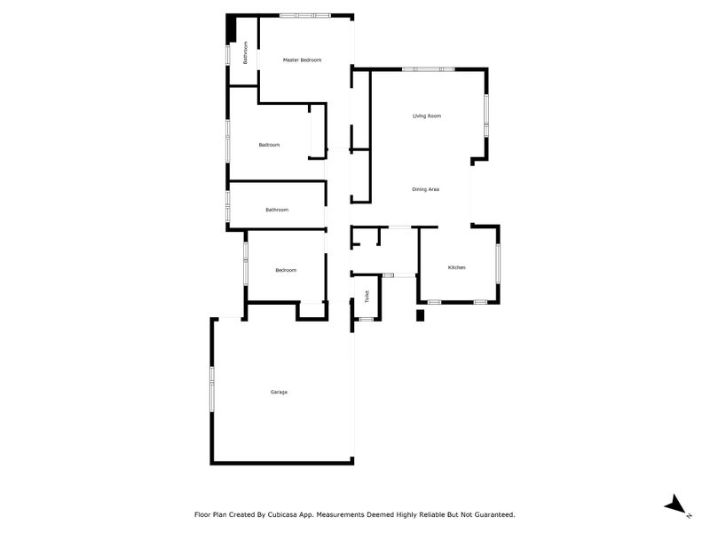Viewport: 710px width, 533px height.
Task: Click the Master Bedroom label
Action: click(302, 60)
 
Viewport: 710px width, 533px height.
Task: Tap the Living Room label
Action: click(427, 116)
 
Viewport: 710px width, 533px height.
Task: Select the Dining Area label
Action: click(426, 189)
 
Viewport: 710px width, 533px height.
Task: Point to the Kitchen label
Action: click(457, 267)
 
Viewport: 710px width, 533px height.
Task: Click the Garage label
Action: click(279, 392)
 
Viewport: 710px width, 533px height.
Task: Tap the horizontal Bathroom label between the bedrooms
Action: click(277, 210)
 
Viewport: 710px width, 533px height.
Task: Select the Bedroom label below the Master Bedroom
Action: click(270, 145)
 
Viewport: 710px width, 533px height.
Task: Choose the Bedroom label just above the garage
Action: click(286, 270)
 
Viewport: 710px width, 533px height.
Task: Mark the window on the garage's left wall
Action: click(211, 388)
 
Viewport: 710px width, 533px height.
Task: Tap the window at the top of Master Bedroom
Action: click(305, 15)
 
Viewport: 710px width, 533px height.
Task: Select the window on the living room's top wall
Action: click(430, 69)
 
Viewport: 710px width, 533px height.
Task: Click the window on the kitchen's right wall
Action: click(498, 263)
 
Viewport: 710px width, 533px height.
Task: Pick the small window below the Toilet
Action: click(364, 319)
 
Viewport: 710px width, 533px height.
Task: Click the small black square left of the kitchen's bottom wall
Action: click(422, 316)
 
